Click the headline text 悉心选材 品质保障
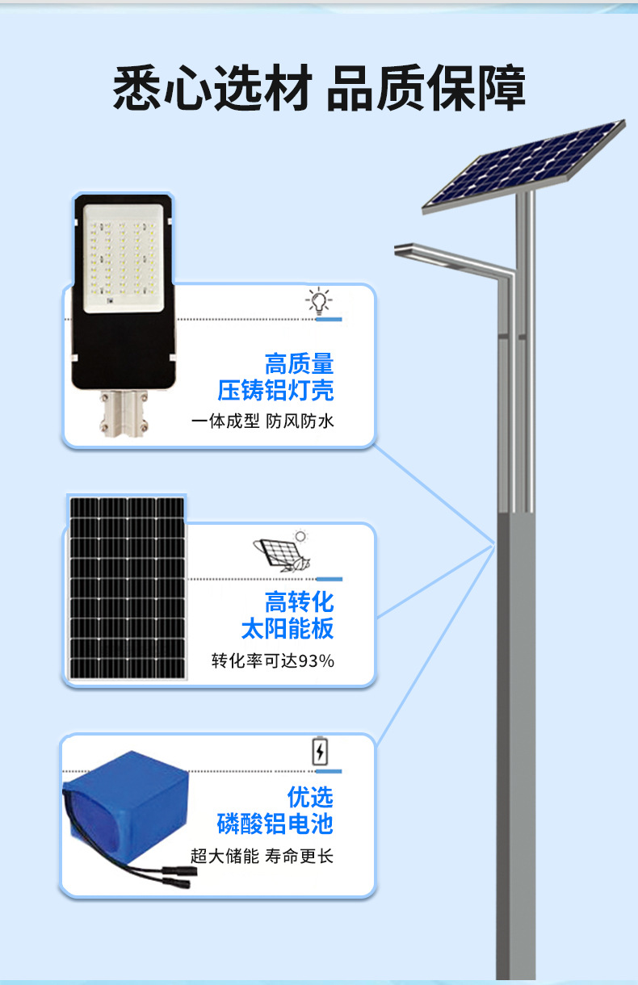(x=319, y=88)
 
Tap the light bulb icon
(x=319, y=301)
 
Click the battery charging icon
(x=321, y=752)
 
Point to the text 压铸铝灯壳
(x=275, y=391)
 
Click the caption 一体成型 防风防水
(x=262, y=421)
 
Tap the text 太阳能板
(x=287, y=628)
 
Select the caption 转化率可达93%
(x=272, y=661)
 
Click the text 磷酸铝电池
(x=275, y=824)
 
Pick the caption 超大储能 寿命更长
(x=262, y=856)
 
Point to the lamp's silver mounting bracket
(x=123, y=412)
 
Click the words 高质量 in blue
(x=299, y=363)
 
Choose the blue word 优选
(x=310, y=797)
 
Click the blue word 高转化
(x=299, y=601)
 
